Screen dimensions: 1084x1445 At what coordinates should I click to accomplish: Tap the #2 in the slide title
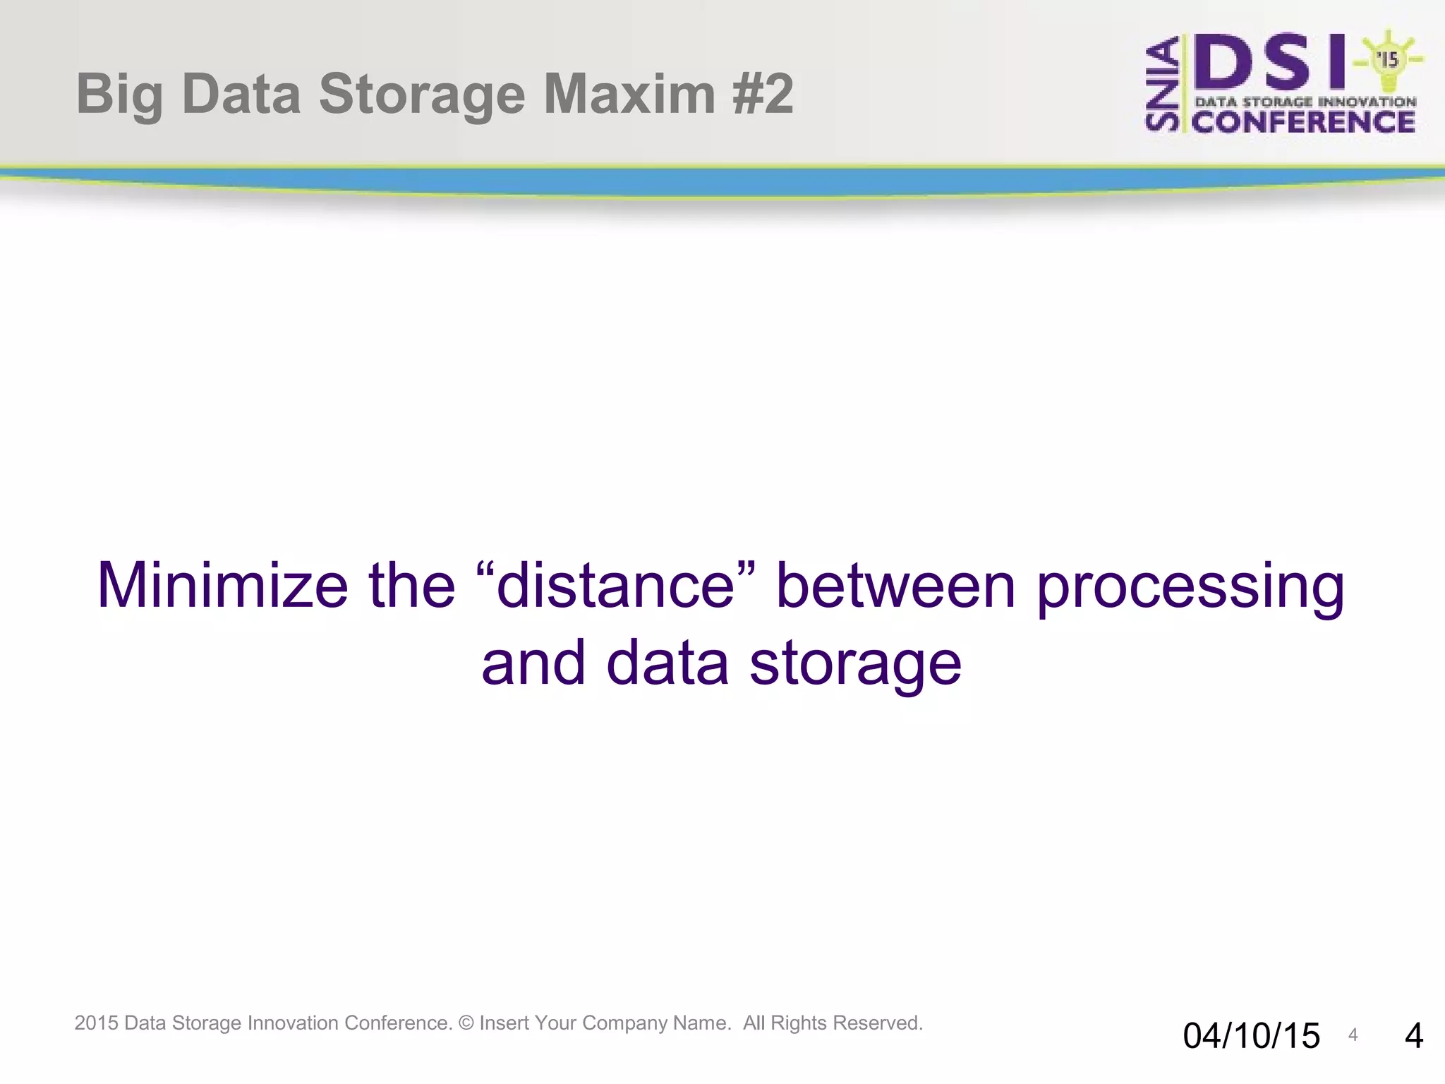point(763,94)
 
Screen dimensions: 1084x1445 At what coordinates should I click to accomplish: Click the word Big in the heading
point(119,95)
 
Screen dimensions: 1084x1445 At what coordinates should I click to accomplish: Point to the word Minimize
point(222,585)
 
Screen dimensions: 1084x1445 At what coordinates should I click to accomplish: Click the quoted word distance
point(616,585)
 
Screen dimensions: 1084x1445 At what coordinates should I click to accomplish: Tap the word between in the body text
point(895,585)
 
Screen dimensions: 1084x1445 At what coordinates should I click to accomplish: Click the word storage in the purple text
point(855,664)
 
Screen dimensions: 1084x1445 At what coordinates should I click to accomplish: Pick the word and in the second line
point(533,663)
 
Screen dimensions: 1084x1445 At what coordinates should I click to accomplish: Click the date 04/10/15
point(1251,1036)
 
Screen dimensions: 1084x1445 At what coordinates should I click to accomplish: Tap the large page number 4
point(1413,1036)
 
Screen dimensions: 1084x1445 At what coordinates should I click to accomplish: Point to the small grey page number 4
point(1353,1035)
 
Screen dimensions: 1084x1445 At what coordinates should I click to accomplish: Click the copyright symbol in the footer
point(466,1023)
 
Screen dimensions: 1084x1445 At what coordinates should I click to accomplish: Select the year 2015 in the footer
point(97,1023)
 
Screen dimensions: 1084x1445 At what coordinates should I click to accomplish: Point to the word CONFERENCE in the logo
point(1304,122)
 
